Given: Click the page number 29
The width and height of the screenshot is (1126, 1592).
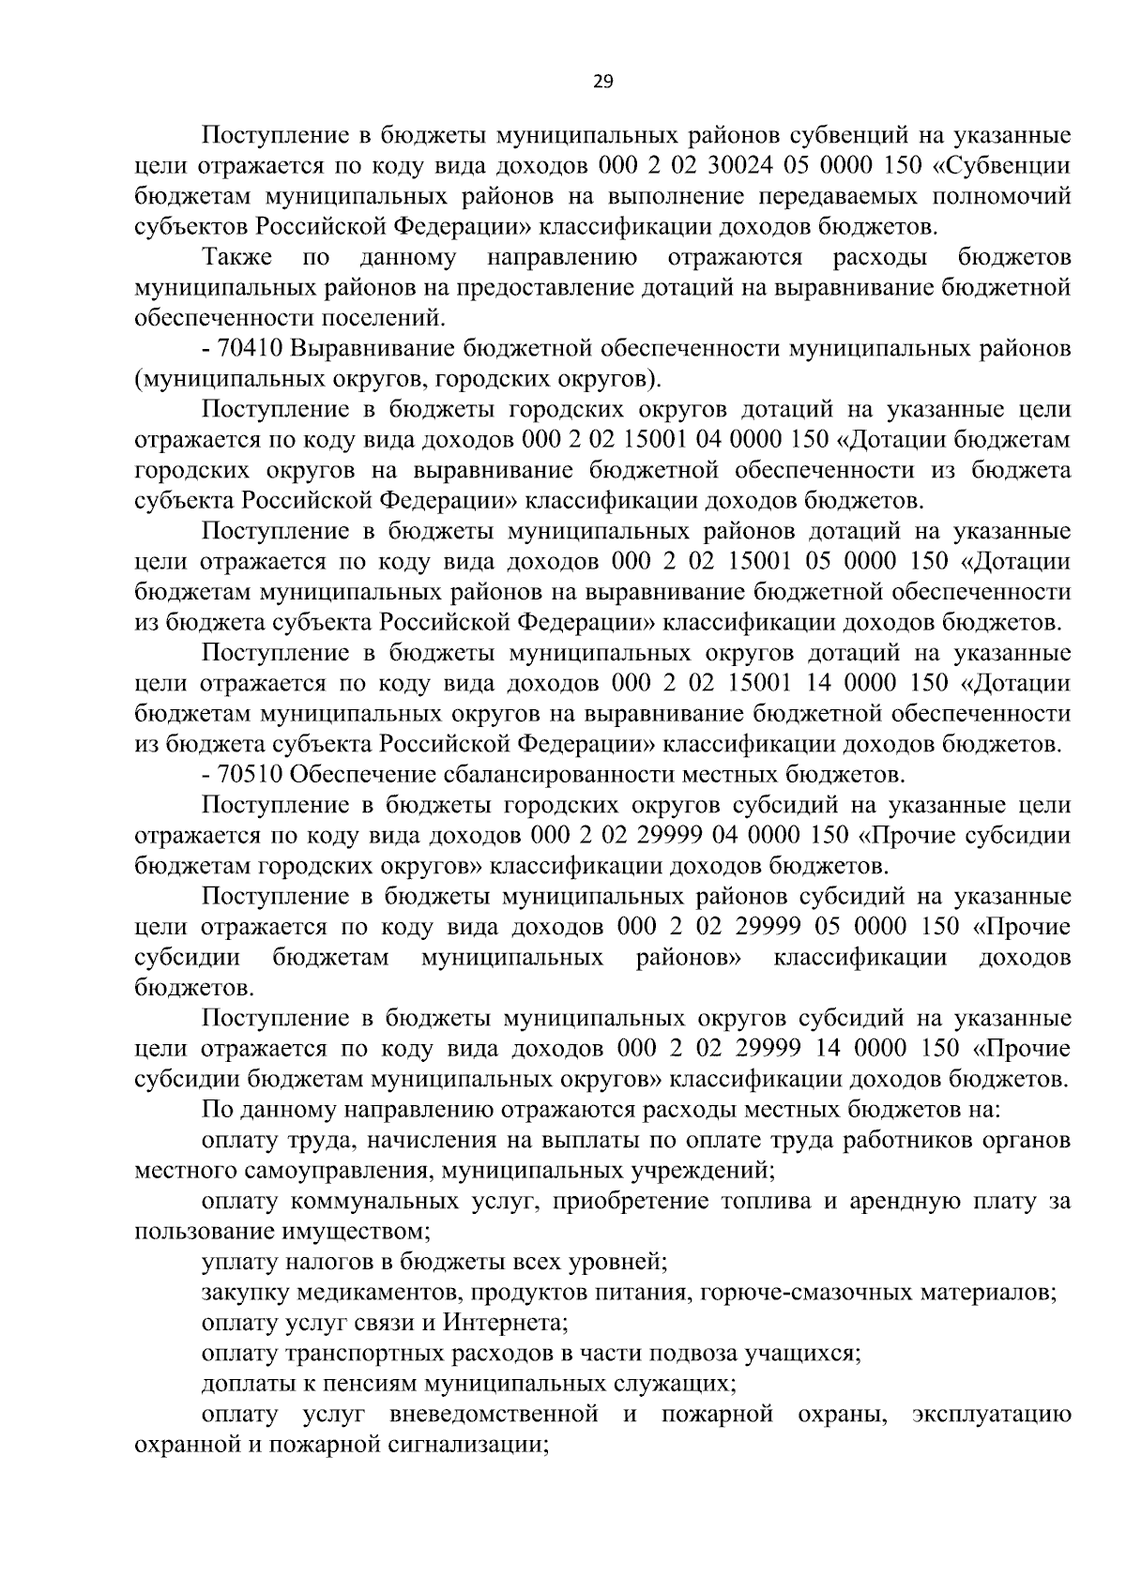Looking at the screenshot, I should click(x=603, y=82).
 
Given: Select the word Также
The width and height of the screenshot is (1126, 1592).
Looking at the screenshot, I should click(x=237, y=257).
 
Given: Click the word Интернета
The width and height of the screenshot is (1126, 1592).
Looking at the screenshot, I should click(x=506, y=1323).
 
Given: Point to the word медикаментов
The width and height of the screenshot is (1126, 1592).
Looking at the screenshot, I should click(x=377, y=1292).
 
